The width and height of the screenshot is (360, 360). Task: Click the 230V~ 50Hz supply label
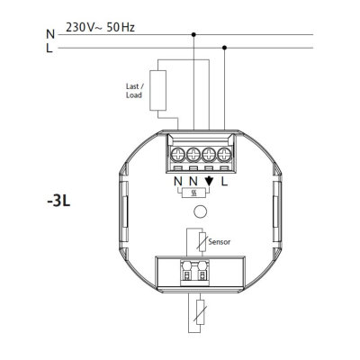coord(100,28)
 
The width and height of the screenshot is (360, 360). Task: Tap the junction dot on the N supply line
coord(193,35)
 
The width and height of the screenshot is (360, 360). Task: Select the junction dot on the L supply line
coord(224,48)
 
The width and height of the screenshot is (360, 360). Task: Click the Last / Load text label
coord(134,91)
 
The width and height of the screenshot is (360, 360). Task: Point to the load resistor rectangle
coord(157,90)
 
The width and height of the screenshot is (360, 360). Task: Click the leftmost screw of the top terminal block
coord(178,155)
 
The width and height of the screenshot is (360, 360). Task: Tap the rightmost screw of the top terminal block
coord(224,155)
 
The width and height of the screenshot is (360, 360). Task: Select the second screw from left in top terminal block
coord(193,155)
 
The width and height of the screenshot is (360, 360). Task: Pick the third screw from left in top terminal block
coord(209,155)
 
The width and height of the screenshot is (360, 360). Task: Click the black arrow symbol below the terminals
coord(209,181)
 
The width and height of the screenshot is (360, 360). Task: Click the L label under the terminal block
coord(224,181)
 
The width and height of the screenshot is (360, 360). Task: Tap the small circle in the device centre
coord(201,211)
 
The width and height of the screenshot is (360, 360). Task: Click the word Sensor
coord(220,242)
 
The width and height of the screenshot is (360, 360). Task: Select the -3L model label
coord(58,201)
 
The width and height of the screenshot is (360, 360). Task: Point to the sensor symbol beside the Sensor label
coord(202,242)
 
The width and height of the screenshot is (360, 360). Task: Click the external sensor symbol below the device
coord(201,311)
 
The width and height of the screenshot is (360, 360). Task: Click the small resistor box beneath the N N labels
coord(194,193)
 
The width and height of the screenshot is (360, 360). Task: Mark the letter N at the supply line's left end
coord(50,34)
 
